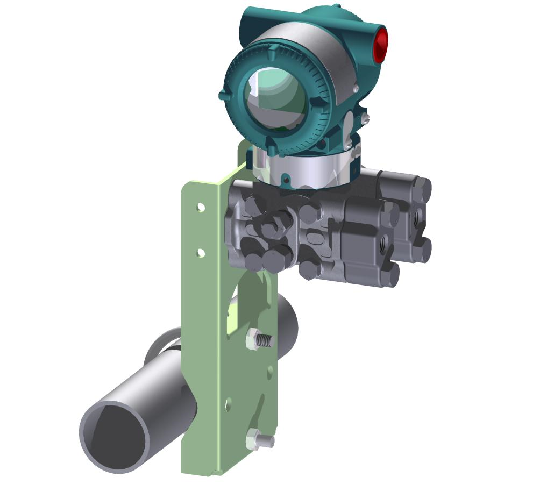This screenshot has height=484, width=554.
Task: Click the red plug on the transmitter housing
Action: (x=381, y=44)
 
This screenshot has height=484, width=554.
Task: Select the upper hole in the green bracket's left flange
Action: (x=201, y=207)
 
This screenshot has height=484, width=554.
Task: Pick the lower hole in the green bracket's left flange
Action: (x=201, y=252)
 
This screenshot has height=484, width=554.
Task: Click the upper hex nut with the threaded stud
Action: (x=254, y=340)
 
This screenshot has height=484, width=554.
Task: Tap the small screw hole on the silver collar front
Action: (x=286, y=178)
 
